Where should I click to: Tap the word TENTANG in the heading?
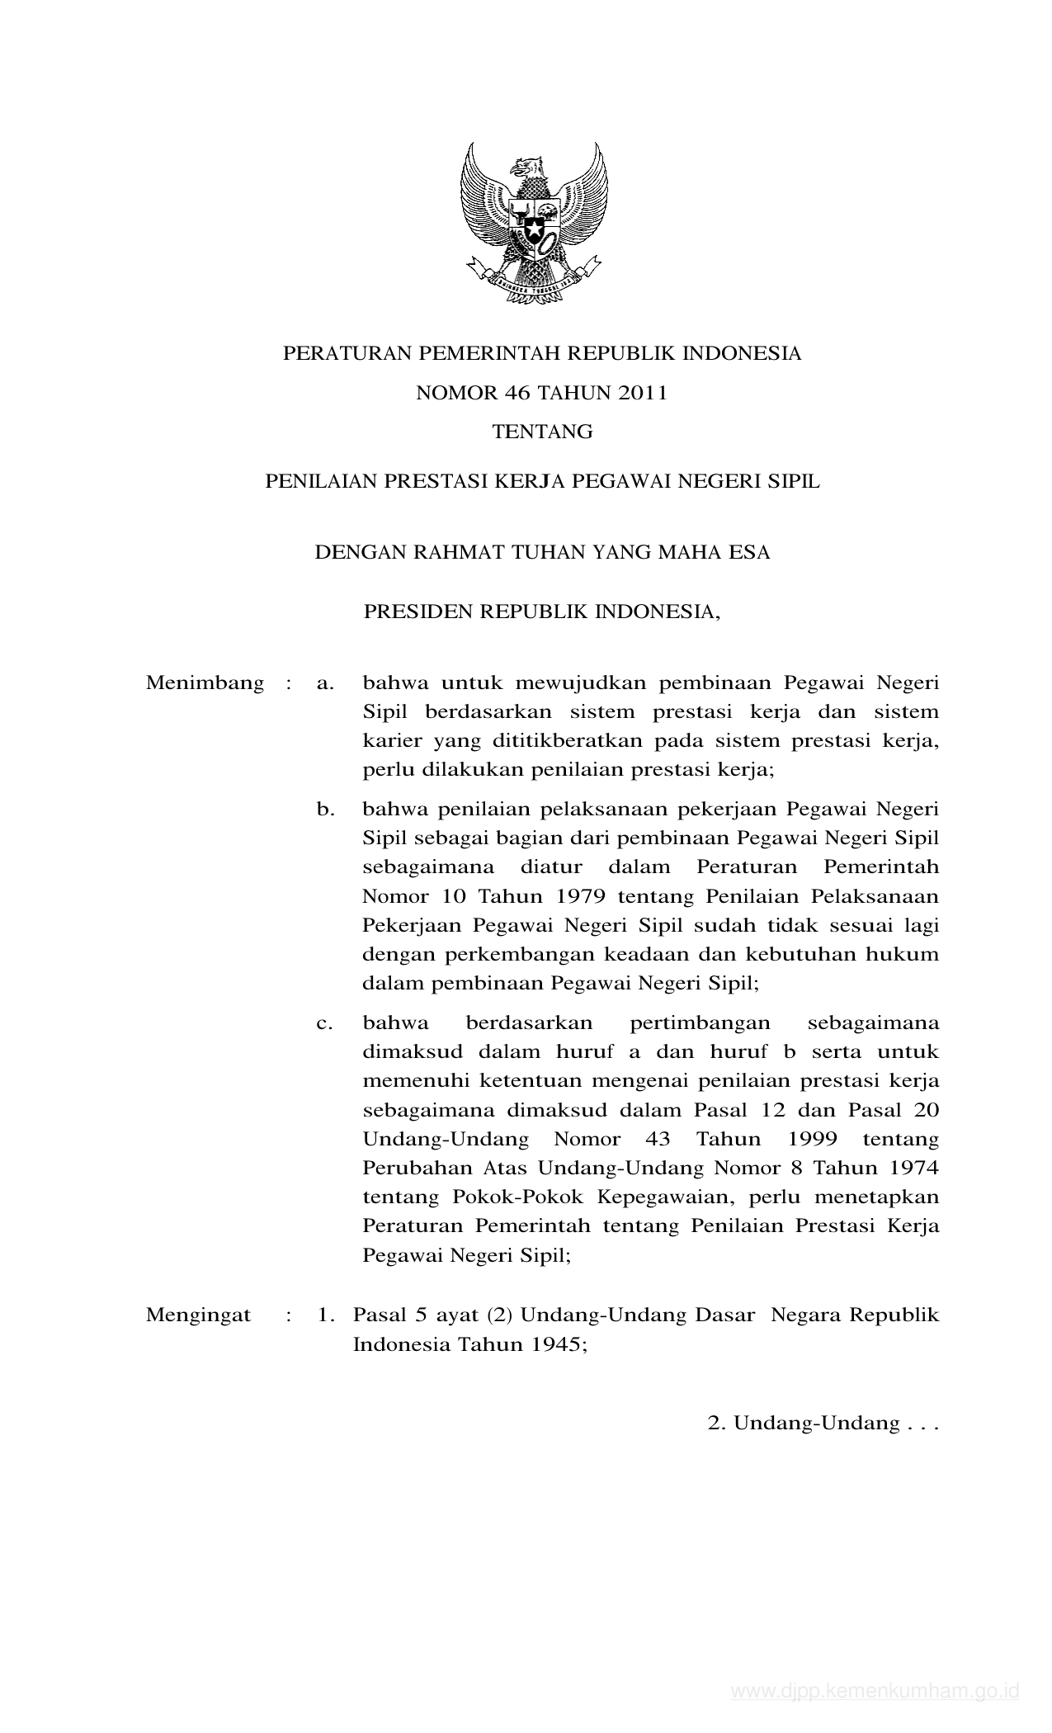coord(542,432)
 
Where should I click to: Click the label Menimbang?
coord(205,683)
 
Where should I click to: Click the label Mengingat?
coord(198,1315)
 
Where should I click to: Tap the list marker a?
coord(324,683)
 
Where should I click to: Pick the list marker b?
coord(325,810)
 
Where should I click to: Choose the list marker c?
coord(324,1023)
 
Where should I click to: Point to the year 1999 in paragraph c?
coord(812,1140)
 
